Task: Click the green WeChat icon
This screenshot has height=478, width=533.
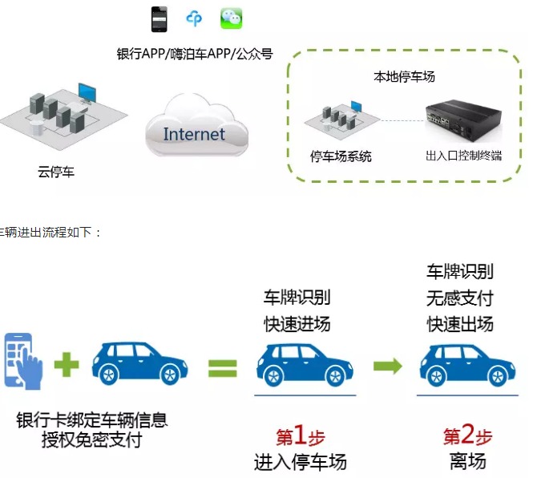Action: point(232,18)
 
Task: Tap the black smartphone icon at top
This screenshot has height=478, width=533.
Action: point(159,18)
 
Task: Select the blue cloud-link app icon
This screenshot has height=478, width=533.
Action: point(195,18)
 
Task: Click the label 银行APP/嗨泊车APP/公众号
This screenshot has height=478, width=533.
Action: point(195,54)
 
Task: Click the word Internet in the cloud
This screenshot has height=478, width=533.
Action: point(194,133)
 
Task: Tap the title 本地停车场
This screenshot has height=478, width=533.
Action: point(405,77)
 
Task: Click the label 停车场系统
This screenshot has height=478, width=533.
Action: point(341,156)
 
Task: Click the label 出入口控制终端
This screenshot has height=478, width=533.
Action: point(464,156)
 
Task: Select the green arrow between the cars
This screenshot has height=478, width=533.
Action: point(387,367)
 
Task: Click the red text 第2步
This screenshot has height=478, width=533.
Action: point(467,437)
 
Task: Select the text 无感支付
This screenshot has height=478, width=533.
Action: point(459,298)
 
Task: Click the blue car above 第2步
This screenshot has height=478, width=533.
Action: point(468,366)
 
